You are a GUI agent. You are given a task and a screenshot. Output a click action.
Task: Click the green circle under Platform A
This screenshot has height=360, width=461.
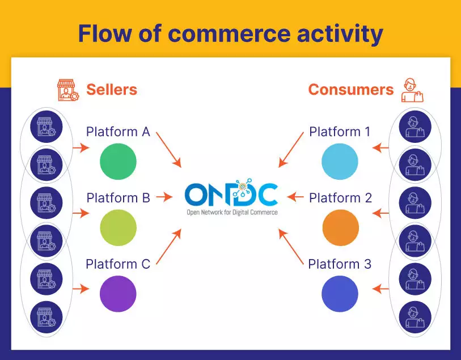(118, 162)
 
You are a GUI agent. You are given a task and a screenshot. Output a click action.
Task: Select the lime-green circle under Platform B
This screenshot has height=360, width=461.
(118, 227)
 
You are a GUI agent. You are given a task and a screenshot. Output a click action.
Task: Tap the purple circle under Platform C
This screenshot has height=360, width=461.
(118, 294)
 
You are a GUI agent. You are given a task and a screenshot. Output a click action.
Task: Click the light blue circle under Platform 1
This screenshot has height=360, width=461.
(340, 162)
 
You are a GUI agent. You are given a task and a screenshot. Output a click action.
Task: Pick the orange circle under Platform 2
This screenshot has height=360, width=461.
(340, 227)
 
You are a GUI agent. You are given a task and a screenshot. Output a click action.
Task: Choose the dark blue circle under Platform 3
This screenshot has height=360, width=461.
(340, 294)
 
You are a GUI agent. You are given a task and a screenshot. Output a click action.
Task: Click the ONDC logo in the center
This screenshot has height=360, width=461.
(231, 198)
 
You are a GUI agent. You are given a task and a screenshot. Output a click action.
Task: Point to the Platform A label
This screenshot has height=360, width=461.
(118, 132)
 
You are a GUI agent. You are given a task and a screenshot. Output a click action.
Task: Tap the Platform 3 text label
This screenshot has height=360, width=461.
(340, 264)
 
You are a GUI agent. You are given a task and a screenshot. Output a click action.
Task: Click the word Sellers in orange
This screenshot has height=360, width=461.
(112, 90)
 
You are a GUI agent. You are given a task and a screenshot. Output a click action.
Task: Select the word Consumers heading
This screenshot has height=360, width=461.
(350, 90)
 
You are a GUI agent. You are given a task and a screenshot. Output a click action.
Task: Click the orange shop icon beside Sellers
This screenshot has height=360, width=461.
(67, 90)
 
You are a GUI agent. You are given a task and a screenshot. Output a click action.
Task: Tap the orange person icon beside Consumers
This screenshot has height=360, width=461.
(412, 90)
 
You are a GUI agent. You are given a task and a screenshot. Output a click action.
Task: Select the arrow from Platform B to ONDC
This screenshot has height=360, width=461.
(164, 197)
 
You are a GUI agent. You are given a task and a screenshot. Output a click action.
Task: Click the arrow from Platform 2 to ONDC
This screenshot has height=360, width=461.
(297, 197)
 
